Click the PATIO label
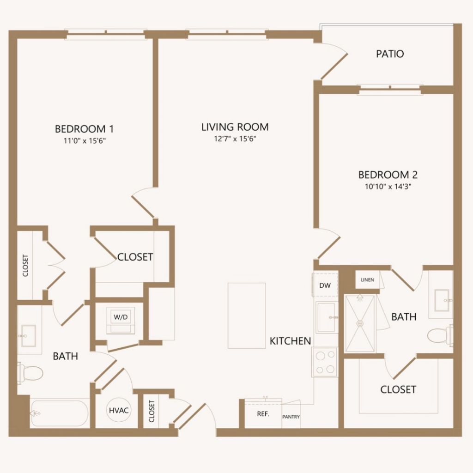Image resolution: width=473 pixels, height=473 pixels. click(390, 54)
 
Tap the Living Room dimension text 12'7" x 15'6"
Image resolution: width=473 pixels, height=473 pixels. click(235, 139)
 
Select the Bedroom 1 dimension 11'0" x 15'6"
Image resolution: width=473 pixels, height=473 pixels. click(85, 140)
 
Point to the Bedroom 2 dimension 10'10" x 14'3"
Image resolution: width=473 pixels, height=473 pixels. click(388, 187)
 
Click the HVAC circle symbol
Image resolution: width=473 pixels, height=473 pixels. click(119, 410)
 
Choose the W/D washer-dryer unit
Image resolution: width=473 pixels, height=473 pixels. click(121, 320)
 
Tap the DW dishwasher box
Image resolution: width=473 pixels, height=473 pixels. click(325, 285)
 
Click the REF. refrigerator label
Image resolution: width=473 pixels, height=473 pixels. click(263, 414)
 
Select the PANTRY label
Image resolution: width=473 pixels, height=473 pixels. click(291, 417)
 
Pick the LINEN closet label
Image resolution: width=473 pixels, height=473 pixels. click(367, 280)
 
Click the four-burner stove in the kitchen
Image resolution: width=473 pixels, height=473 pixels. click(325, 362)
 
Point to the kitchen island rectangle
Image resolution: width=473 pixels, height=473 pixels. click(247, 315)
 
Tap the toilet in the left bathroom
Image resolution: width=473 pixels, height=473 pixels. click(30, 373)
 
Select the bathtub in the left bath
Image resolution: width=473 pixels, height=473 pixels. click(60, 413)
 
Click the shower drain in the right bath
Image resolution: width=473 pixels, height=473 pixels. click(360, 323)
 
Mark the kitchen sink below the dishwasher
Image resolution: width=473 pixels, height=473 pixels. click(327, 317)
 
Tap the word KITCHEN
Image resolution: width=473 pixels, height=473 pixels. click(290, 341)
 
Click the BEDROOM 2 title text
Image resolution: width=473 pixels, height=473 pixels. click(388, 175)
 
